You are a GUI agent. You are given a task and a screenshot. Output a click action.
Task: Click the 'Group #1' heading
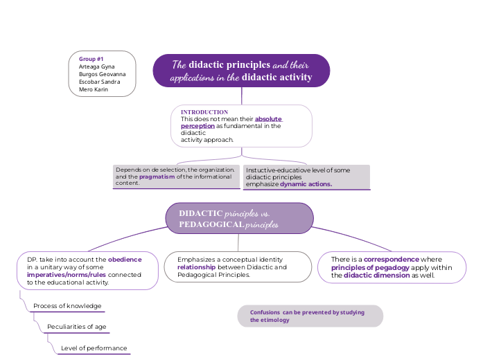tap(91, 59)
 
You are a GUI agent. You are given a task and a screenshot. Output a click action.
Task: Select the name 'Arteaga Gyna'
tap(97, 66)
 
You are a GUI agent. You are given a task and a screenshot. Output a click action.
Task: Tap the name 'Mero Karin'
tap(94, 89)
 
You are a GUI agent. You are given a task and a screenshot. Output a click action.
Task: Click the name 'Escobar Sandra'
tap(99, 82)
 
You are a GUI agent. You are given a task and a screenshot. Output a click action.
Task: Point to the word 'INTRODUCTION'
tap(204, 112)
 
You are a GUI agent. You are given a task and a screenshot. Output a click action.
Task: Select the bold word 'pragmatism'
tap(157, 177)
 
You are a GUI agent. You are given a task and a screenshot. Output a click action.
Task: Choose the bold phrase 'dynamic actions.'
tap(306, 184)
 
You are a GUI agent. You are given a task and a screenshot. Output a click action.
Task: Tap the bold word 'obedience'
tap(125, 260)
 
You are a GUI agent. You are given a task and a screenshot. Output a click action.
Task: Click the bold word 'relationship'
tap(197, 267)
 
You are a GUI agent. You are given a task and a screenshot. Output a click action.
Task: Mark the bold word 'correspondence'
tap(392, 260)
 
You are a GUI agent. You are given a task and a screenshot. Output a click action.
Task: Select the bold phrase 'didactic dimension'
tap(377, 275)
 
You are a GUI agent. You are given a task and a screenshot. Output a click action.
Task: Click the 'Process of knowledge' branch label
tap(68, 306)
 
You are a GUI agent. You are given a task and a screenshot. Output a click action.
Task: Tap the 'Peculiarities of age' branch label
tap(76, 327)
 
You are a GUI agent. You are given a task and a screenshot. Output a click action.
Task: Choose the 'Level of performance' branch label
tap(94, 348)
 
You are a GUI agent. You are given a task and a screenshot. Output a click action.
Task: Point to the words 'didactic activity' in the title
tap(277, 77)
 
